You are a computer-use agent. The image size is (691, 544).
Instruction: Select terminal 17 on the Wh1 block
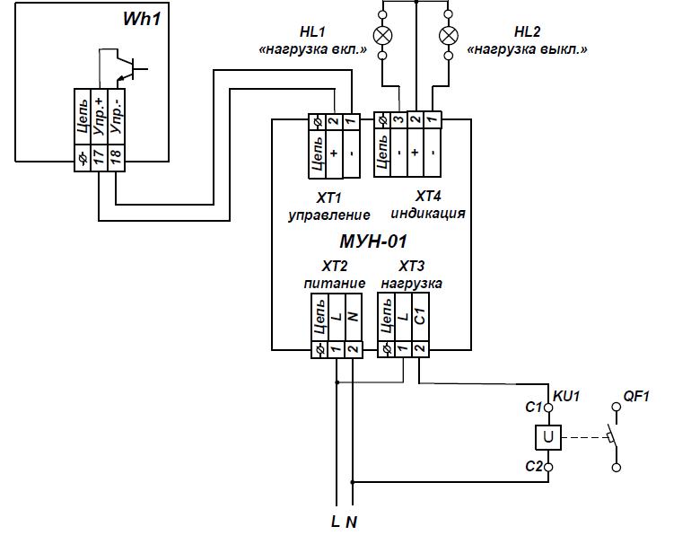pyautogui.click(x=98, y=156)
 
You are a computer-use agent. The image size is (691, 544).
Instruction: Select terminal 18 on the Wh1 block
pyautogui.click(x=115, y=156)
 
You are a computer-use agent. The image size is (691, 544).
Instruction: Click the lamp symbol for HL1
pyautogui.click(x=383, y=35)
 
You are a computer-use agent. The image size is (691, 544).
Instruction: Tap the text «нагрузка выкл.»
pyautogui.click(x=527, y=50)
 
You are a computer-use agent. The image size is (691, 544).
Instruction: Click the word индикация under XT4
pyautogui.click(x=428, y=214)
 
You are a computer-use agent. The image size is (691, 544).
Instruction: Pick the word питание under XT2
pyautogui.click(x=334, y=283)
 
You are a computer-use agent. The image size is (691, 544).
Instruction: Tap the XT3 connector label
pyautogui.click(x=411, y=266)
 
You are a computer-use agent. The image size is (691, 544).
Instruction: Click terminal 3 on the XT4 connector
pyautogui.click(x=398, y=119)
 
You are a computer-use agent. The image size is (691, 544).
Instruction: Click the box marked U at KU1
pyautogui.click(x=547, y=437)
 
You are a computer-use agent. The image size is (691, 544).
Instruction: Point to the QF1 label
pyautogui.click(x=635, y=396)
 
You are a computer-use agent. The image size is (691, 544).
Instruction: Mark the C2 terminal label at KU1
pyautogui.click(x=533, y=467)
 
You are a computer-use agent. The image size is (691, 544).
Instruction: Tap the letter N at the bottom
pyautogui.click(x=352, y=523)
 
